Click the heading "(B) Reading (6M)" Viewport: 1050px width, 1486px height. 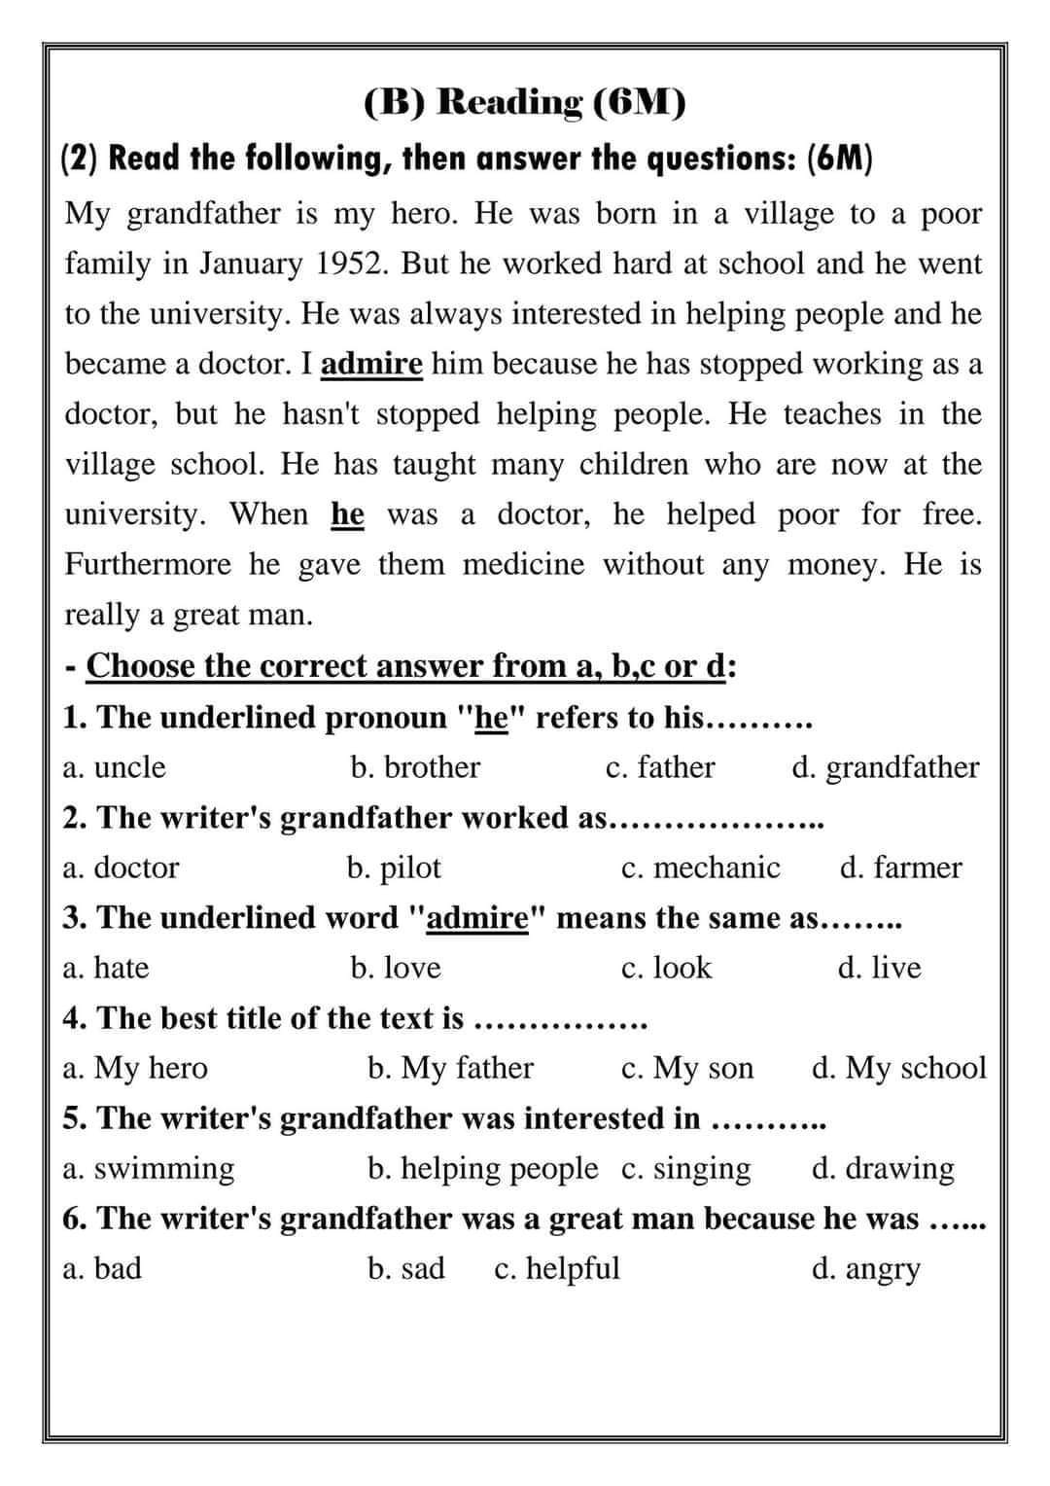[x=525, y=101]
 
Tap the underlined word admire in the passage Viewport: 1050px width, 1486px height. [x=371, y=364]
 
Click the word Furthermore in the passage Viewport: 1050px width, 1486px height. [x=148, y=564]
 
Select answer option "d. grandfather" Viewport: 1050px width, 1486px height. [x=885, y=767]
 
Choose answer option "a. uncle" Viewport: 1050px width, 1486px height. [x=114, y=767]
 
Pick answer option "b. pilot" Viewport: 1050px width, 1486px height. [x=394, y=867]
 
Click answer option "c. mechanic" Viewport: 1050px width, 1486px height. [x=700, y=867]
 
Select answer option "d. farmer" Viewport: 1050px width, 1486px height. [x=900, y=867]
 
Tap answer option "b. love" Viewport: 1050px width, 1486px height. [x=396, y=968]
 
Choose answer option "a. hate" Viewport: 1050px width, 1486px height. [x=106, y=968]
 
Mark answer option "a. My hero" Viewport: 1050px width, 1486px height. [x=135, y=1068]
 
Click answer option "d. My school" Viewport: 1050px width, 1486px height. [x=898, y=1068]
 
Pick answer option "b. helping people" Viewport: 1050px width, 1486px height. [x=483, y=1168]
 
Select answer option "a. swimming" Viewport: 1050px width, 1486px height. [x=149, y=1168]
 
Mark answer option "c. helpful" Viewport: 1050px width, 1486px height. [x=557, y=1268]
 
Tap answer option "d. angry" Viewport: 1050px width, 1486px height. [x=865, y=1269]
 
